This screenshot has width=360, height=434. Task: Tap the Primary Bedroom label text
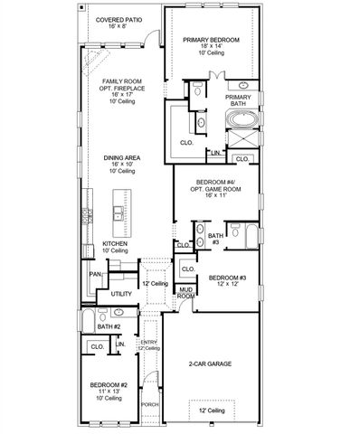[210, 40]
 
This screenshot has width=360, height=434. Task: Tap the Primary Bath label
[239, 100]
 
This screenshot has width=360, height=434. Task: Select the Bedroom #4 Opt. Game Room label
[215, 188]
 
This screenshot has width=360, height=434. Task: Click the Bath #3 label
[214, 239]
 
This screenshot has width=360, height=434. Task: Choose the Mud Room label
[185, 293]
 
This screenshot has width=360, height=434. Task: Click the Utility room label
[121, 294]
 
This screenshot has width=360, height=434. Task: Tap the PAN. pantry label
[95, 274]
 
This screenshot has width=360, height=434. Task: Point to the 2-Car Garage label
[210, 363]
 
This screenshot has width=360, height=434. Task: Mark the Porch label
[149, 404]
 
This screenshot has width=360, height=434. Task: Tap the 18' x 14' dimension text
[210, 48]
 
